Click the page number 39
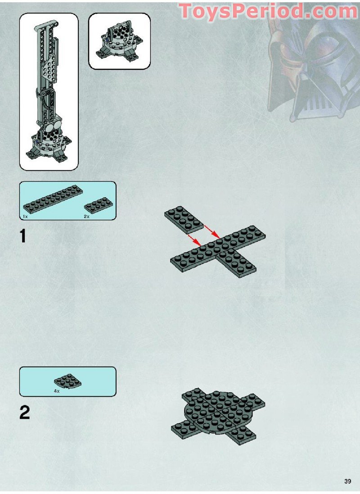click(x=347, y=481)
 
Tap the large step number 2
click(x=24, y=413)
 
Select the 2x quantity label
click(x=87, y=217)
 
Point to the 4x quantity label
click(x=57, y=391)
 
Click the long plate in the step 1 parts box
click(x=50, y=199)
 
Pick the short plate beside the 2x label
click(x=99, y=205)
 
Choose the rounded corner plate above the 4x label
click(x=68, y=381)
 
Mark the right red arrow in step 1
click(x=211, y=232)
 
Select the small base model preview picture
click(x=119, y=41)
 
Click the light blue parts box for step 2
click(x=67, y=381)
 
